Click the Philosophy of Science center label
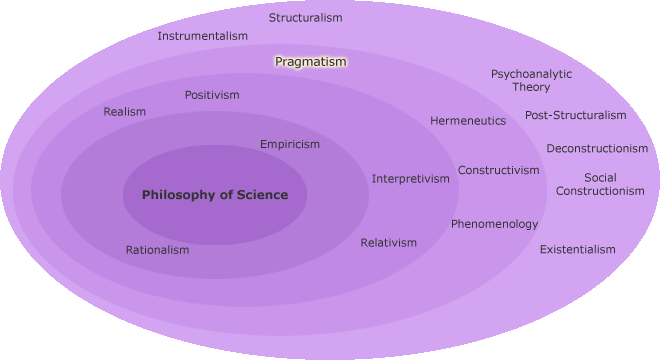tap(215, 195)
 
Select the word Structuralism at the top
tap(306, 17)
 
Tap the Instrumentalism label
tap(202, 36)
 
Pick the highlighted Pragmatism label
tap(311, 61)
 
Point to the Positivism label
tap(212, 95)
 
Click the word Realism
tap(124, 112)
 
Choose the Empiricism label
tap(290, 144)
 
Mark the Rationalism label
tap(157, 250)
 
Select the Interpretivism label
tap(411, 179)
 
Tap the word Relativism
tap(389, 243)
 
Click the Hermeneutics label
tap(468, 121)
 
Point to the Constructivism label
tap(499, 170)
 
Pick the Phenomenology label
tap(494, 224)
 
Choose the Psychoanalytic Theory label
tap(531, 80)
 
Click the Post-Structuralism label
tap(576, 115)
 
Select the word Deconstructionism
tap(597, 149)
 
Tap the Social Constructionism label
tap(600, 184)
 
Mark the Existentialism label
tap(578, 249)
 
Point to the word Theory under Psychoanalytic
tap(531, 87)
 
